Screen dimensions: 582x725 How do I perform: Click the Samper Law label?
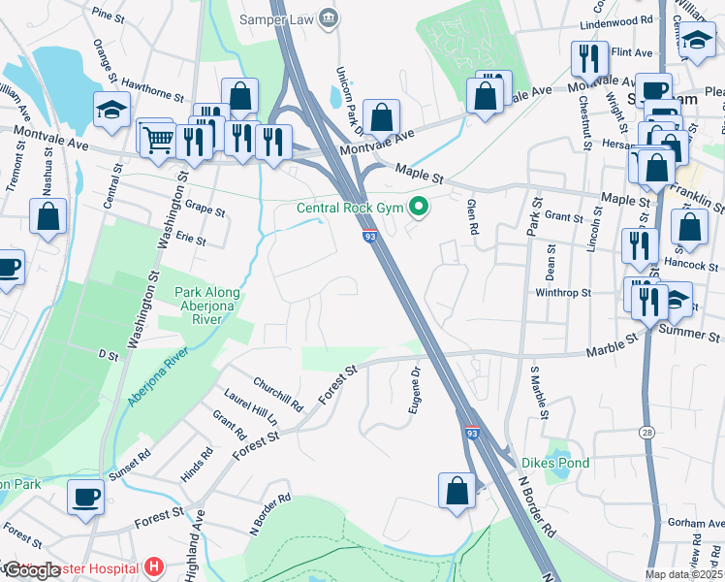282,17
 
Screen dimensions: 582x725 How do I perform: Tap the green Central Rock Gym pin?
419,206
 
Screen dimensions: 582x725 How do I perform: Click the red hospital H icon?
152,566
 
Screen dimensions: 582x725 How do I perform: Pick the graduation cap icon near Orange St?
112,111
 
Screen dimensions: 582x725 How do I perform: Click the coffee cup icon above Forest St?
85,498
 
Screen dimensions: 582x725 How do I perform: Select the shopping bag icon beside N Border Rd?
457,492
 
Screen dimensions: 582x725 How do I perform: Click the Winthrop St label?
563,292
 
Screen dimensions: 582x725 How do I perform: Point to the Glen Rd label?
473,210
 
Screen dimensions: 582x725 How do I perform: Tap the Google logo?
33,570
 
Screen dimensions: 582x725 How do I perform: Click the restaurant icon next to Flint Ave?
588,60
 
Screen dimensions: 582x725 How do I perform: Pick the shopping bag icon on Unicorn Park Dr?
383,117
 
